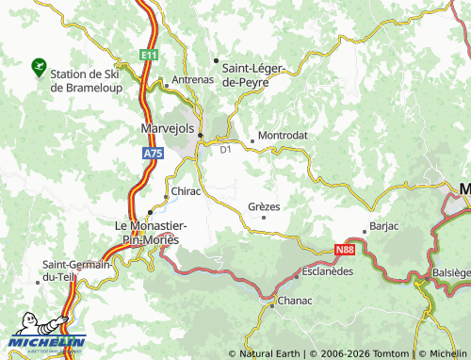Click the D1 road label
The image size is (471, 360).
[x=224, y=149]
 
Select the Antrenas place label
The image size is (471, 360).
[x=192, y=80]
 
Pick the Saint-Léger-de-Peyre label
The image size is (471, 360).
[x=257, y=74]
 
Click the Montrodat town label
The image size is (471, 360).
[x=283, y=136]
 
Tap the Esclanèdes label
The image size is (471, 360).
[x=327, y=270]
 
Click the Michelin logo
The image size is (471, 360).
[x=46, y=341]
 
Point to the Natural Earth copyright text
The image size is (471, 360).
[x=270, y=353]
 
